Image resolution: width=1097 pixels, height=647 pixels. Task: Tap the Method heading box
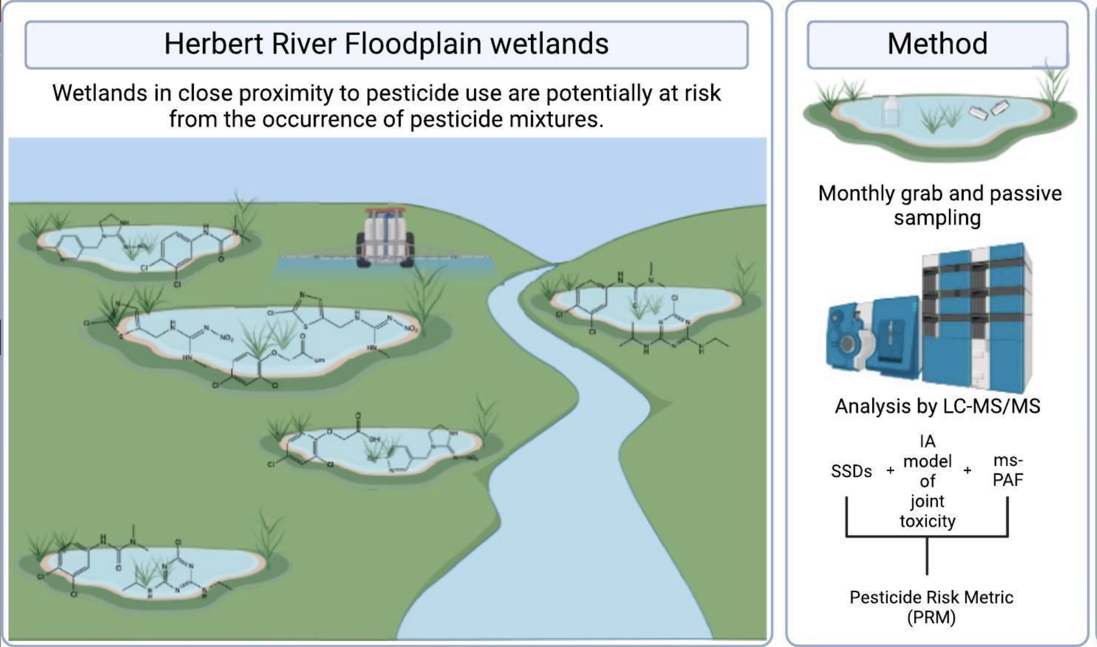[x=937, y=44]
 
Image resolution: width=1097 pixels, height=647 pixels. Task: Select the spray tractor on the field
[x=386, y=238]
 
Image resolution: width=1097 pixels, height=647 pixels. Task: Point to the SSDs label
[x=851, y=471]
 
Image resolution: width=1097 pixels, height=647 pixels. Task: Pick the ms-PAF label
[x=1007, y=470]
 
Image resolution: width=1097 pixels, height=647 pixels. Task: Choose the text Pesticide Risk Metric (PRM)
[x=931, y=607]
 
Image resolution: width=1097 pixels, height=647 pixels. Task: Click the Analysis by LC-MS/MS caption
[x=937, y=406]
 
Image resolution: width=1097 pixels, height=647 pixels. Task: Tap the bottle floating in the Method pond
[x=890, y=111]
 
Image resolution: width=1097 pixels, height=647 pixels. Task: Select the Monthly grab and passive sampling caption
[x=939, y=205]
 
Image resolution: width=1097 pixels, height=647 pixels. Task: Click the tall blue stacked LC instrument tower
[x=975, y=316]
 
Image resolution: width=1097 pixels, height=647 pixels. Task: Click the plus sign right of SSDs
[x=890, y=471]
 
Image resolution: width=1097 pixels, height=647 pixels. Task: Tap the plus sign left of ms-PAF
[x=967, y=471]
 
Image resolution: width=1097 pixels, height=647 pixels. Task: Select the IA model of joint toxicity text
[x=927, y=481]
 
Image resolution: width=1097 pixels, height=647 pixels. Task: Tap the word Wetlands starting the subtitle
[x=100, y=93]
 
